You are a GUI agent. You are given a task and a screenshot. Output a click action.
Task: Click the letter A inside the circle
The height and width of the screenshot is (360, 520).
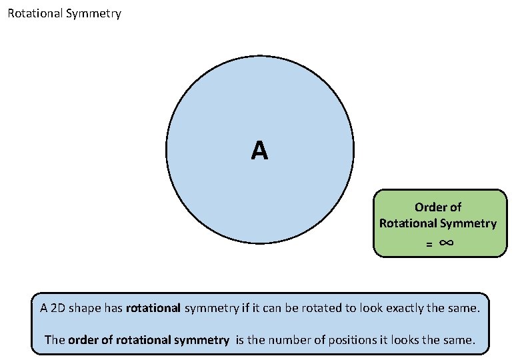pyautogui.click(x=260, y=151)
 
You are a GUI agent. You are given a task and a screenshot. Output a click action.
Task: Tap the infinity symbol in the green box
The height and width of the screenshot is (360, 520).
pyautogui.click(x=447, y=243)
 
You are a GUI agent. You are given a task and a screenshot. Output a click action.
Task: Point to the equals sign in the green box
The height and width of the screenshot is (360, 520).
pyautogui.click(x=430, y=245)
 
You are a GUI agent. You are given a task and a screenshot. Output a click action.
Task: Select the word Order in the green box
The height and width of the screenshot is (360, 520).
pyautogui.click(x=429, y=207)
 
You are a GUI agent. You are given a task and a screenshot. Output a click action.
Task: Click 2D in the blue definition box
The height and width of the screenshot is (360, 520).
pyautogui.click(x=58, y=309)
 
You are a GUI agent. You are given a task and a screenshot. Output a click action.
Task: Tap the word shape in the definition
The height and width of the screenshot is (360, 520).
pyautogui.click(x=86, y=309)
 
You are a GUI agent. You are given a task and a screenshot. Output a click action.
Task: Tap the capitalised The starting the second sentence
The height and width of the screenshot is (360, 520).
pyautogui.click(x=55, y=340)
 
